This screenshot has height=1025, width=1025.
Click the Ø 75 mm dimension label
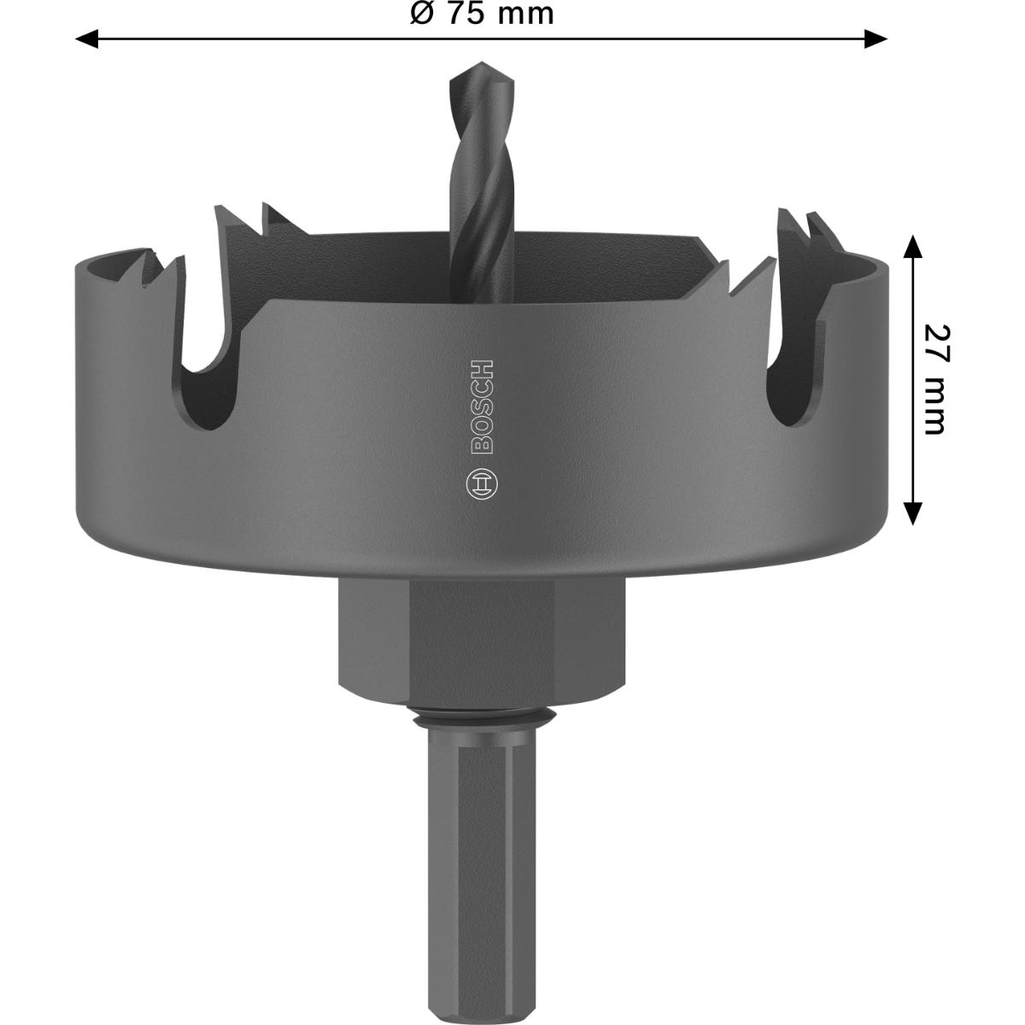click(481, 13)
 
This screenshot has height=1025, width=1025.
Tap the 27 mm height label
click(935, 378)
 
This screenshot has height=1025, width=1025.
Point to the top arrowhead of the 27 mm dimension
click(912, 246)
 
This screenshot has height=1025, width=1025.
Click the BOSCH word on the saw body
click(482, 407)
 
